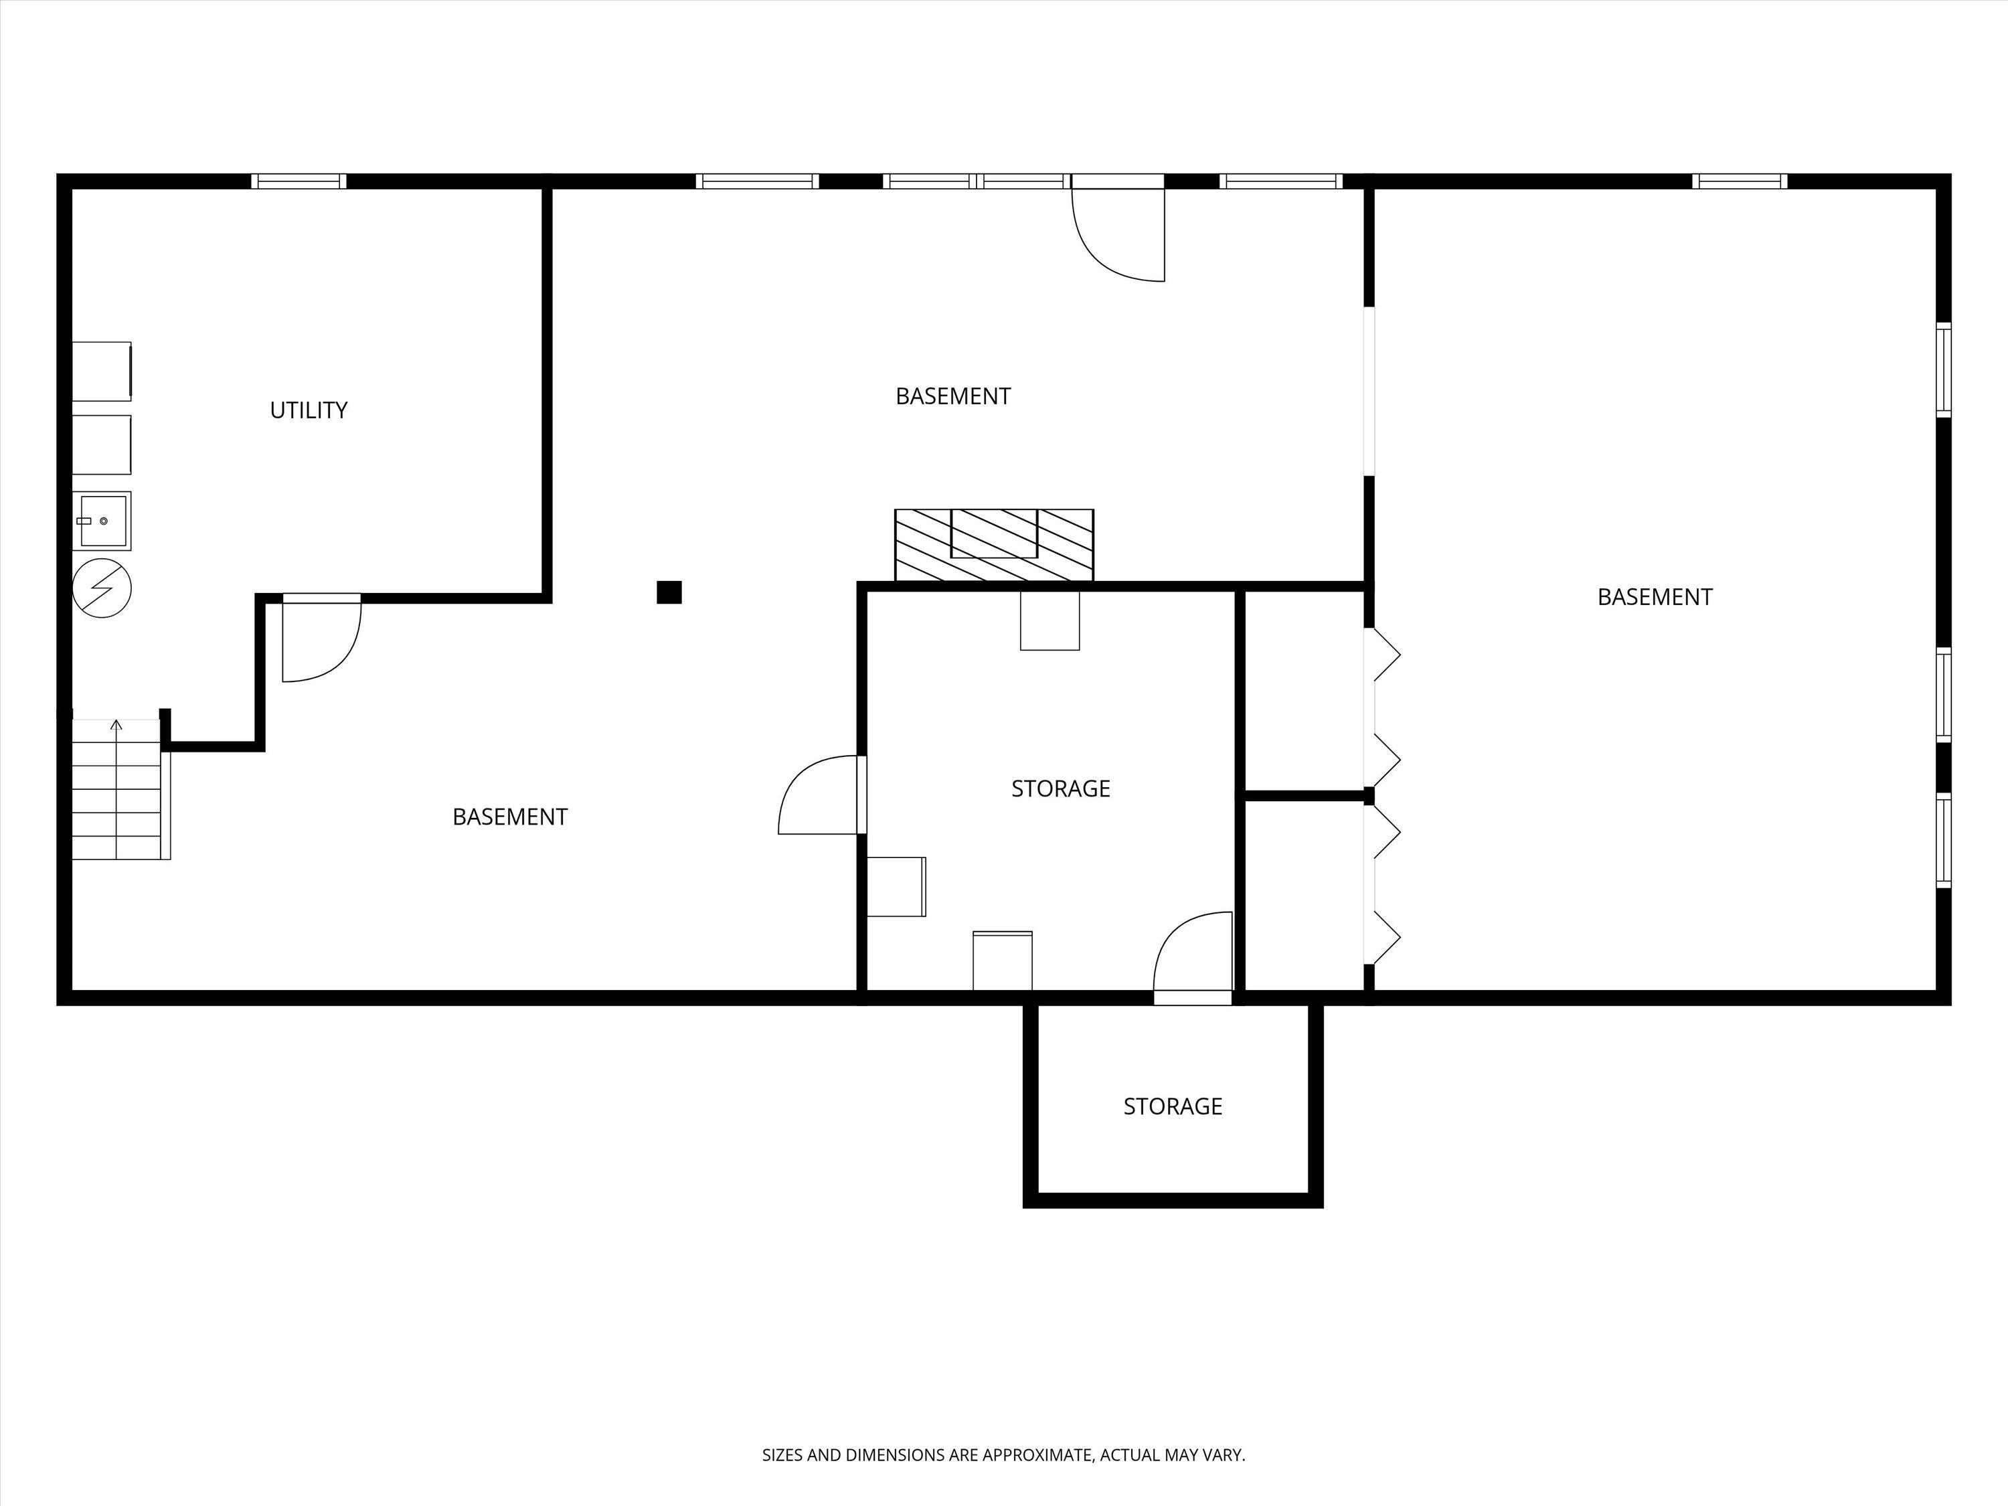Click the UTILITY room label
pyautogui.click(x=309, y=410)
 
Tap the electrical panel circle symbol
pyautogui.click(x=102, y=588)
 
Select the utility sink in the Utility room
pyautogui.click(x=102, y=521)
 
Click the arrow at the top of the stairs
pyautogui.click(x=116, y=724)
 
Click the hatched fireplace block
pyautogui.click(x=994, y=545)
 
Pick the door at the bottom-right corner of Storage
pyautogui.click(x=1193, y=953)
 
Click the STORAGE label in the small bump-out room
pyautogui.click(x=1173, y=1106)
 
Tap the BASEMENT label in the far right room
pyautogui.click(x=1655, y=597)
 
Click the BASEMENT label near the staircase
pyautogui.click(x=510, y=817)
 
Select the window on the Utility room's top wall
pyautogui.click(x=299, y=181)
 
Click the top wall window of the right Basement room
pyautogui.click(x=1740, y=181)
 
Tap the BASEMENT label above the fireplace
pyautogui.click(x=953, y=397)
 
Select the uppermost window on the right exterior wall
pyautogui.click(x=1944, y=369)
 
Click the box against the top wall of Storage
pyautogui.click(x=1050, y=621)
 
